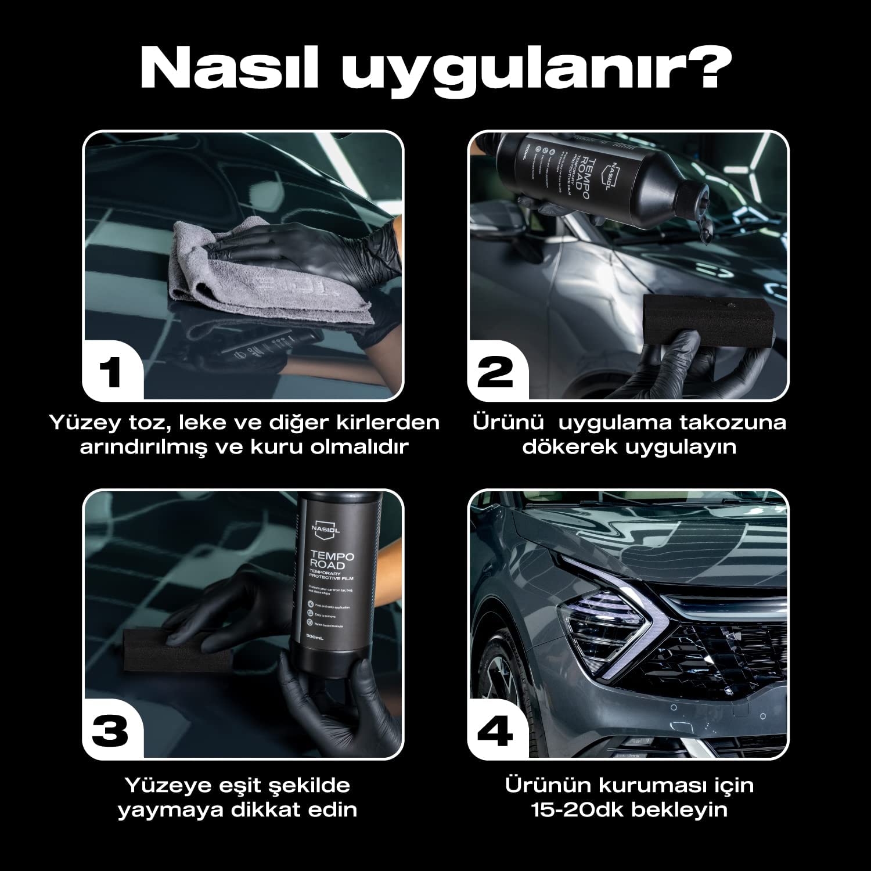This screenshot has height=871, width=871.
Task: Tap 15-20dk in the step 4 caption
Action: pyautogui.click(x=577, y=809)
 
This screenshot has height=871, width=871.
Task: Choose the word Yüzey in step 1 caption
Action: pyautogui.click(x=82, y=422)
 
